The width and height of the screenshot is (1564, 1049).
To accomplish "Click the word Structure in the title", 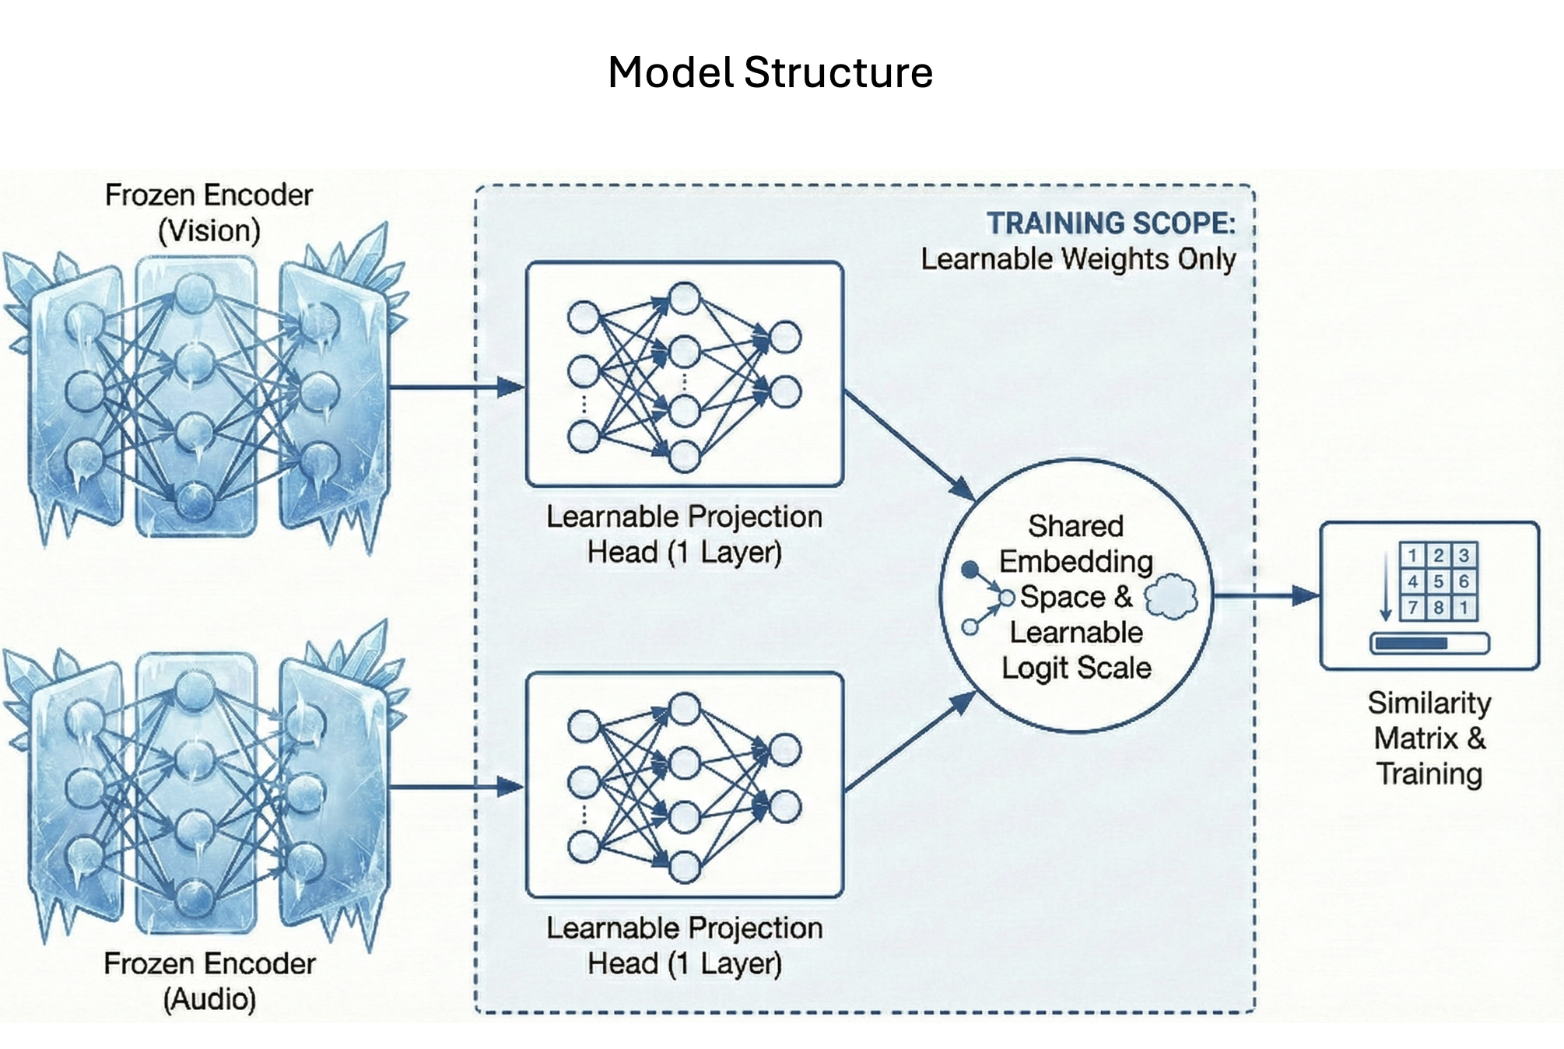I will coord(838,73).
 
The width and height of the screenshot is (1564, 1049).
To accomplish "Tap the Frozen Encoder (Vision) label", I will coord(209,212).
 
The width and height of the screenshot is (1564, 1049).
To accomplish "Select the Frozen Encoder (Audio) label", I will coord(209,981).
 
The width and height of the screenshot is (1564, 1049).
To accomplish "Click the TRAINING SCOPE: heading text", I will coord(1110,223).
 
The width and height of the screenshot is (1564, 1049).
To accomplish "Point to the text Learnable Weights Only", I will coord(1078,259).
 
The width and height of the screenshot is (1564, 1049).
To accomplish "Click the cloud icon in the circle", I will coord(1171,596).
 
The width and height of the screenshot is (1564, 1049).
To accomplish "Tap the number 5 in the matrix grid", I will coord(1438,581).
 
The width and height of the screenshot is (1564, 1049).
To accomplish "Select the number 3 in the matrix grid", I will coord(1464,555).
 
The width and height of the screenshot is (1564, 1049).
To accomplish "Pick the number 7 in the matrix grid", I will coord(1412,608).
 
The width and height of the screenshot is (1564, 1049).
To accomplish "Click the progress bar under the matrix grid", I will coord(1429,644).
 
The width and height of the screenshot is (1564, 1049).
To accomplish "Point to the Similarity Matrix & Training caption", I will coord(1429,738).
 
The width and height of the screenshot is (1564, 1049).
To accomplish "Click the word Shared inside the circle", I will coord(1075,526).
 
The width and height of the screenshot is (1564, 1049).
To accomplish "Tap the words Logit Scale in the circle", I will coord(1076,668).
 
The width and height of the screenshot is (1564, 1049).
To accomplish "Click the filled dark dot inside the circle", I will coord(970,570).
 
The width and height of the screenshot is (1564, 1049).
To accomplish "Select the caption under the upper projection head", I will coord(684,534).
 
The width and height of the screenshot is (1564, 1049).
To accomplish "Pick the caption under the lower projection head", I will coord(684,946).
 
